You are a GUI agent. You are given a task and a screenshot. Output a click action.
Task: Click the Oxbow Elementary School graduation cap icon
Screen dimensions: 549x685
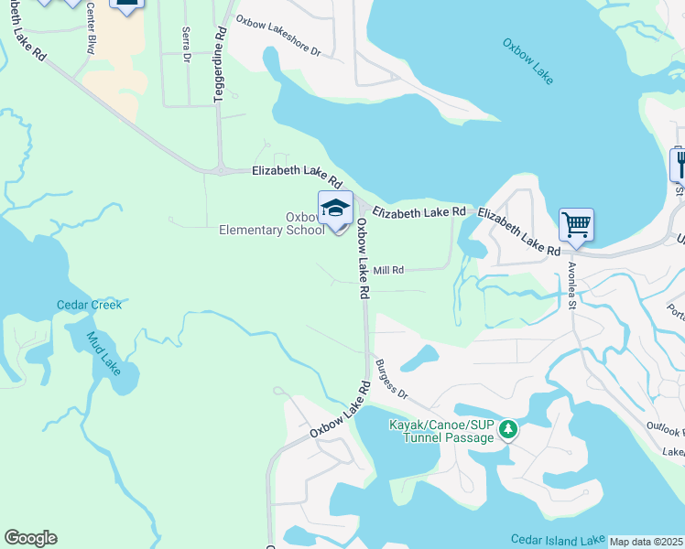335,208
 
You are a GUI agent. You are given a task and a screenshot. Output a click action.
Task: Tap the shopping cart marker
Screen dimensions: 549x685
576,224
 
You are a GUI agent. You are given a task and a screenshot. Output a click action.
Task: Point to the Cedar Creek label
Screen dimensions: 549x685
89,305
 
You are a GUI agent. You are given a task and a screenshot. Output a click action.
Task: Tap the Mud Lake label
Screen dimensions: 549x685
103,353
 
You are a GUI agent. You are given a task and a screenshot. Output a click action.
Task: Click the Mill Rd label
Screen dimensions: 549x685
388,271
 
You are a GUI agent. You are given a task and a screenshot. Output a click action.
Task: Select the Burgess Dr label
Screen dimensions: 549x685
389,378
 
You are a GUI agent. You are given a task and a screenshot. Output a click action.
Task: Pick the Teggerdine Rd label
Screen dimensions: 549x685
220,64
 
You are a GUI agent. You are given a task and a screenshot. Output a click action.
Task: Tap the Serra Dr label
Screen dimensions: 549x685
186,43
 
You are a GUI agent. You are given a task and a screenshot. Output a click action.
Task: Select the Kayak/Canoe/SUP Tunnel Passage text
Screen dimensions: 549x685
441,431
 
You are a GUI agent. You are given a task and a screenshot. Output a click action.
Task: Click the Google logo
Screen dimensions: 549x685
30,538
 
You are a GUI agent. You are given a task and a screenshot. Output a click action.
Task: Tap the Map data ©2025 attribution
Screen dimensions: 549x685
646,542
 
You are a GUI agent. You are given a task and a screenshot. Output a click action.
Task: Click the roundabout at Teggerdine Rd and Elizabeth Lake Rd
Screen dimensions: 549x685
223,170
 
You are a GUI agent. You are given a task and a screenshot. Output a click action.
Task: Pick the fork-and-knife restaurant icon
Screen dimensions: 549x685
679,164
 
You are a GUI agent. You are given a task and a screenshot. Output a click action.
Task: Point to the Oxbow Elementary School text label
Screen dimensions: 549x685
271,223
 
